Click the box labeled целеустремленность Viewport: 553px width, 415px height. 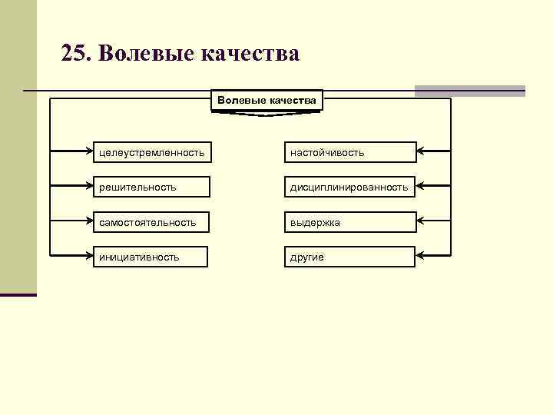151,152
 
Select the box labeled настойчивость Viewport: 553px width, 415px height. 350,152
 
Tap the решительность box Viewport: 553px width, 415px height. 151,187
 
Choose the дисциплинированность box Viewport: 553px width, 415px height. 350,187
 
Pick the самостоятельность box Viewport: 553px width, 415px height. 151,222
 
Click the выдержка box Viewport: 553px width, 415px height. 350,222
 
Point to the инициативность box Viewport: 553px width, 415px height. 151,257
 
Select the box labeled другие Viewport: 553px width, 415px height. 350,257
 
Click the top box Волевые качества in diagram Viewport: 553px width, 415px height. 267,101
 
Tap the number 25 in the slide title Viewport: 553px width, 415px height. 75,54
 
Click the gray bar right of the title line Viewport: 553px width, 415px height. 470,91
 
